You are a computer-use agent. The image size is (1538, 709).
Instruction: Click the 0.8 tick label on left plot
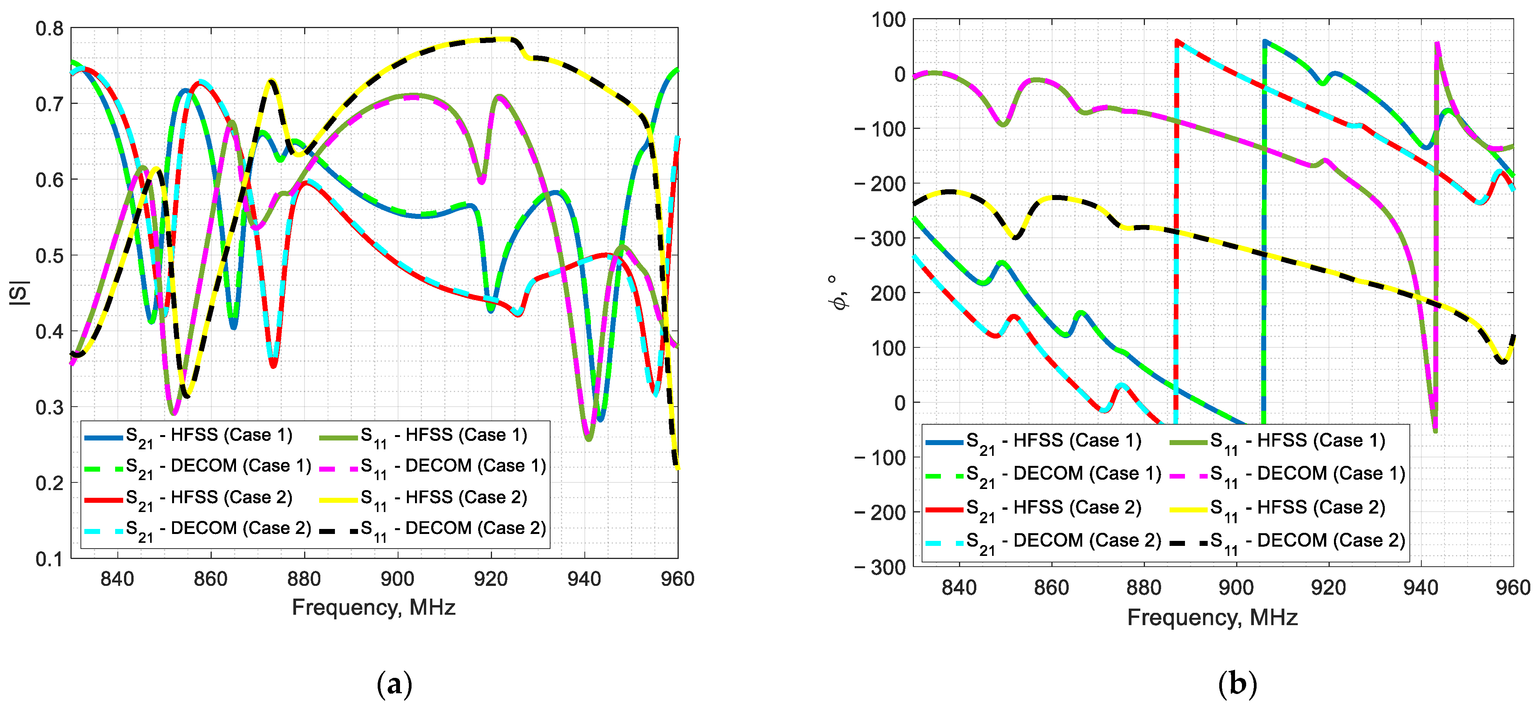49,28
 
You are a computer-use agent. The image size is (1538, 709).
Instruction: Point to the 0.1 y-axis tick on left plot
49,559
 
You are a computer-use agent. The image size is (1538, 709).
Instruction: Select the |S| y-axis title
19,293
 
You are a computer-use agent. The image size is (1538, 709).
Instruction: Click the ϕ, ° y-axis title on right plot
839,292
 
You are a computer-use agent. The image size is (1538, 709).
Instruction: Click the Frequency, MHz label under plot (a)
374,607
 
